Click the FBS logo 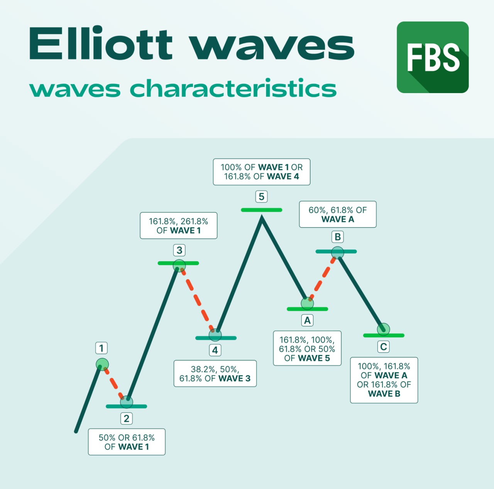pos(433,57)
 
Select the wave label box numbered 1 pos(102,348)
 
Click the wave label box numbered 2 pos(126,418)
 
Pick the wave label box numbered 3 pos(179,250)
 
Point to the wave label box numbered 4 pos(215,350)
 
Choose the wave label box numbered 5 pos(261,197)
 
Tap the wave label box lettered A pos(307,320)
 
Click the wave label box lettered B pos(337,237)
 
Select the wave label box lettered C pos(383,347)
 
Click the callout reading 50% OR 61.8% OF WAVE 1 pos(127,442)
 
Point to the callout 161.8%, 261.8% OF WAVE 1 pos(178,226)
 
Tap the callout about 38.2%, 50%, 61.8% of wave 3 pos(215,374)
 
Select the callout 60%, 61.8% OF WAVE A pos(337,214)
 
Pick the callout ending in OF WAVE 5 pos(307,348)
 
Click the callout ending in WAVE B pos(384,380)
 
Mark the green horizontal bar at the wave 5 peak pos(261,210)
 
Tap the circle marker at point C pos(383,329)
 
